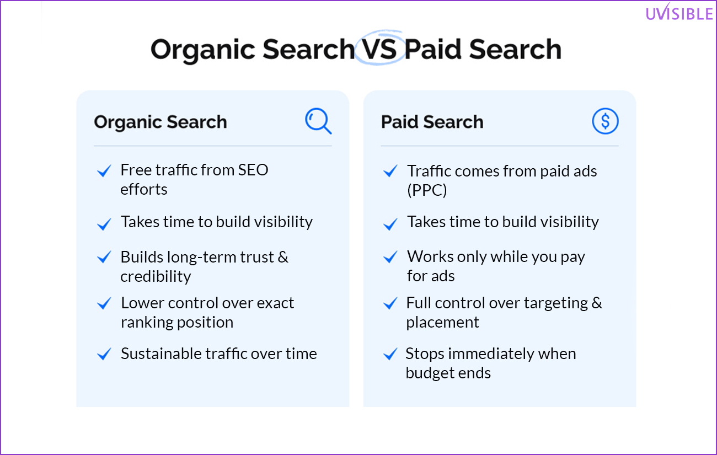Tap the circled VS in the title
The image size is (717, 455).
pos(379,49)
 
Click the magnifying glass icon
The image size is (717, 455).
pos(318,121)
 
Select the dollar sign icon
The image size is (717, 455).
pos(605,121)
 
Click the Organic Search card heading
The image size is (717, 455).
pos(160,122)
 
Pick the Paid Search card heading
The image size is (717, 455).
pos(432,121)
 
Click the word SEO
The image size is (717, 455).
pos(253,170)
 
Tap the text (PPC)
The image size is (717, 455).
pos(427,190)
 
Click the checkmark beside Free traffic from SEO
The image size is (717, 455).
pos(104,170)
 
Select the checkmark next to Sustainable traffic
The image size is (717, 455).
pos(104,354)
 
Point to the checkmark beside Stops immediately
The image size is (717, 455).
pos(390,354)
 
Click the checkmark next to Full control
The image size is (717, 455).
pos(390,303)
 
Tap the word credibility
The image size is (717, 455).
pos(156,276)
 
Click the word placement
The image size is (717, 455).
pos(443,323)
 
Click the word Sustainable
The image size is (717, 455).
pos(161,354)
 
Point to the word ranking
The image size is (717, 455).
pos(147,323)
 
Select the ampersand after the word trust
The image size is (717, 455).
pos(283,257)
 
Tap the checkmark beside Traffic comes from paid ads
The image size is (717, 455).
pos(390,170)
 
